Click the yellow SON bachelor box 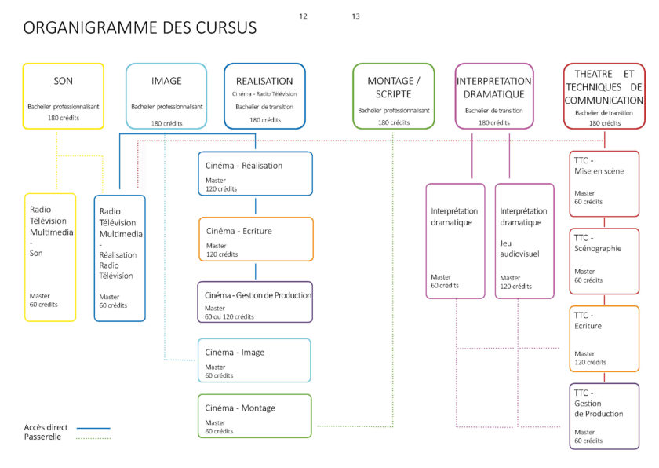(63, 96)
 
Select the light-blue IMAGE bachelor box (166, 96)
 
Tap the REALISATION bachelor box (264, 96)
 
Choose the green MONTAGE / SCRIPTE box (394, 96)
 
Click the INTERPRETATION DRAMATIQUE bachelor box (494, 96)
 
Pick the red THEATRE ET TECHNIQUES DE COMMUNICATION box (604, 96)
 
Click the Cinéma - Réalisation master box (255, 174)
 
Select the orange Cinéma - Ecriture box (256, 239)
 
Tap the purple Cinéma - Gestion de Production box (255, 302)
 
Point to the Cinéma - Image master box (254, 360)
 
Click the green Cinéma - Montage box (254, 416)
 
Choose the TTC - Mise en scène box (604, 184)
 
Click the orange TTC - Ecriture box (604, 339)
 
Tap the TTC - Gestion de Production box (604, 415)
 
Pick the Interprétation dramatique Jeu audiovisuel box (525, 241)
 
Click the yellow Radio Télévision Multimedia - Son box (51, 257)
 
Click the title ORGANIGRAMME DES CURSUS (140, 28)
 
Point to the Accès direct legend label (46, 427)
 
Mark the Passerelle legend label (42, 437)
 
